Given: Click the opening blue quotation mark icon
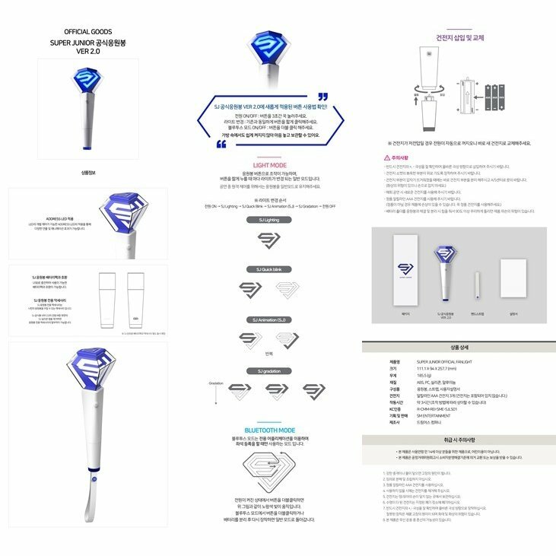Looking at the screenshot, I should tap(322, 97).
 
